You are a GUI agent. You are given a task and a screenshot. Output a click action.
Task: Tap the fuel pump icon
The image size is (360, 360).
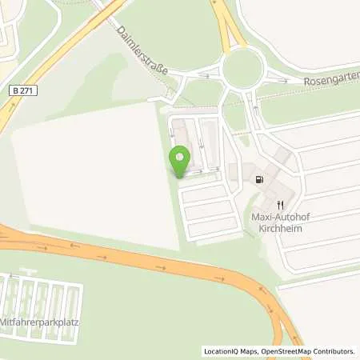(258, 180)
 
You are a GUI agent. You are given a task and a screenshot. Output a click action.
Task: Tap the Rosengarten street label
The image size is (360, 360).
(328, 81)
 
